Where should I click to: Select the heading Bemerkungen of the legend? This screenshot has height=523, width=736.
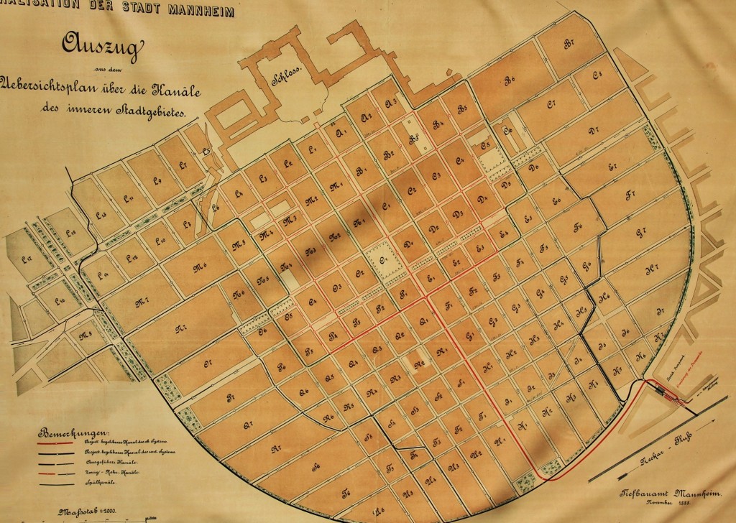73,434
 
